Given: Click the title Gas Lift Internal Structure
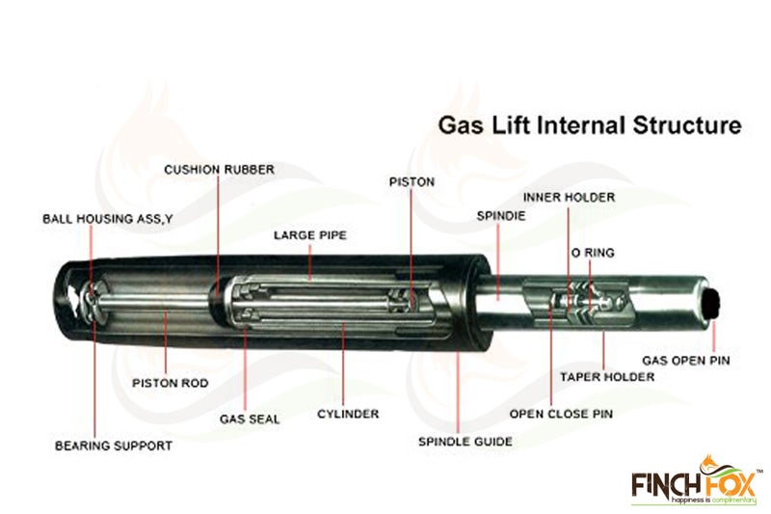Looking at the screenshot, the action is click(590, 125).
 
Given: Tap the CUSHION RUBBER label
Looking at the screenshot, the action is click(220, 170).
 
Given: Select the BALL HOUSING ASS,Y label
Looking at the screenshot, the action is click(108, 219).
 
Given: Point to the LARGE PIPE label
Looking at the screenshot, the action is click(310, 235).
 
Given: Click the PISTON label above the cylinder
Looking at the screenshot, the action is click(412, 182).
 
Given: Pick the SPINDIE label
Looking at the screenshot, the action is click(501, 216).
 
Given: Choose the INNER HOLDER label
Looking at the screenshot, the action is click(569, 198).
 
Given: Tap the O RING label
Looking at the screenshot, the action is click(593, 253).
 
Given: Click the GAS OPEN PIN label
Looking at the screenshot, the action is click(686, 361).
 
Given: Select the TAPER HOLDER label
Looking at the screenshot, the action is click(607, 377).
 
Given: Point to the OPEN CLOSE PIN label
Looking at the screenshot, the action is click(561, 414).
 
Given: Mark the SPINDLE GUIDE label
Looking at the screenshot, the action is click(465, 442).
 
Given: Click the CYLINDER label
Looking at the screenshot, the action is click(348, 414).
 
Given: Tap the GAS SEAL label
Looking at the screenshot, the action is click(250, 419).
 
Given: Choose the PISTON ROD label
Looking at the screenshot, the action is click(171, 383).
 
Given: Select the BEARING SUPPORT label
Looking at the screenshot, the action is click(114, 446).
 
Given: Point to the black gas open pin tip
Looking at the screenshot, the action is click(713, 304).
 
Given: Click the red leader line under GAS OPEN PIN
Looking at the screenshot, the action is click(714, 336).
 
